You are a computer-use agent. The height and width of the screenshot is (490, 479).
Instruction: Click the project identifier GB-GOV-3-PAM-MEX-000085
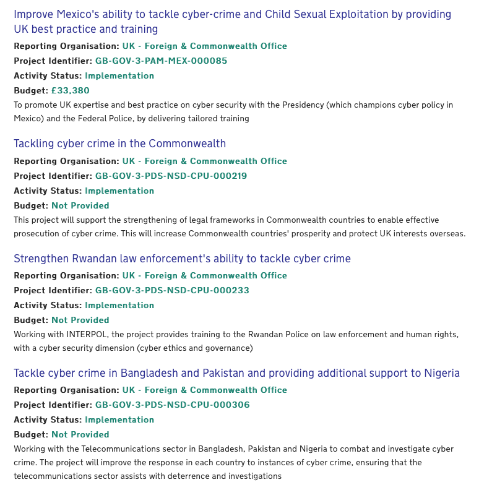[x=161, y=61]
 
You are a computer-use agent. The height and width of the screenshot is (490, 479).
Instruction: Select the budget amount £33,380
[x=70, y=90]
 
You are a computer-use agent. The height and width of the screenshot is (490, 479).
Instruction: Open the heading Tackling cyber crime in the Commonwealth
[x=119, y=144]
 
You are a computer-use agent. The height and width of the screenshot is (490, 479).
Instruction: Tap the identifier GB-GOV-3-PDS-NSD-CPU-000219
[x=171, y=176]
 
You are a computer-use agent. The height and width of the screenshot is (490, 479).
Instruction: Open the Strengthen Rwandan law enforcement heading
[x=182, y=258]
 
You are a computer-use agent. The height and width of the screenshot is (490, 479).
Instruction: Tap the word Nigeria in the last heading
[x=442, y=373]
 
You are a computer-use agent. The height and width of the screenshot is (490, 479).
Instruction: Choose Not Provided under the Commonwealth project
[x=80, y=205]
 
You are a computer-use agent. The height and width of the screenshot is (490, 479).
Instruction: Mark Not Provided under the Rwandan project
[x=80, y=320]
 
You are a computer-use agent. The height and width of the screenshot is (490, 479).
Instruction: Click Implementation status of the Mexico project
[x=119, y=75]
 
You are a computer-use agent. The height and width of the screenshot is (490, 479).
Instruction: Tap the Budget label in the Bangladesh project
[x=31, y=434]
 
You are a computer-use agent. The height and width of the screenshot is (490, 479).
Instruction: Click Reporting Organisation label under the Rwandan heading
[x=66, y=275]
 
